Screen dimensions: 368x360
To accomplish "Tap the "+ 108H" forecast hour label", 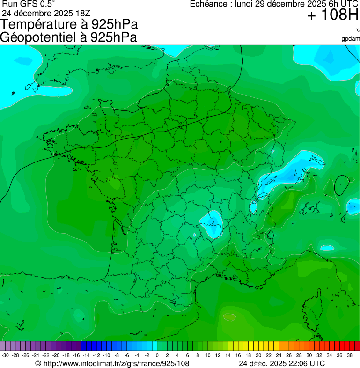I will click(333, 15).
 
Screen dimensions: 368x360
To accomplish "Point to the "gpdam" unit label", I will click(351, 38).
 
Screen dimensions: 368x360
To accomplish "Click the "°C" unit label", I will click(357, 30).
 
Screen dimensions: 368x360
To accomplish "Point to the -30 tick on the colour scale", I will click(5, 355).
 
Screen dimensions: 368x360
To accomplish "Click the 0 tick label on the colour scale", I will click(157, 355).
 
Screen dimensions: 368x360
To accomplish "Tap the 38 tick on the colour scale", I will click(350, 355).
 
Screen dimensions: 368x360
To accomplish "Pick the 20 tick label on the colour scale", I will click(258, 355).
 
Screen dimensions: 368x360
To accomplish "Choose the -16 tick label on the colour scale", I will click(76, 355).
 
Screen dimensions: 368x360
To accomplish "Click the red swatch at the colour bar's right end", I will click(356, 346).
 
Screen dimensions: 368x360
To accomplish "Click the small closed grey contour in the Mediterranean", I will click(229, 317).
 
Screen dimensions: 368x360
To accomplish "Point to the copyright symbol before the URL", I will click(38, 363).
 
